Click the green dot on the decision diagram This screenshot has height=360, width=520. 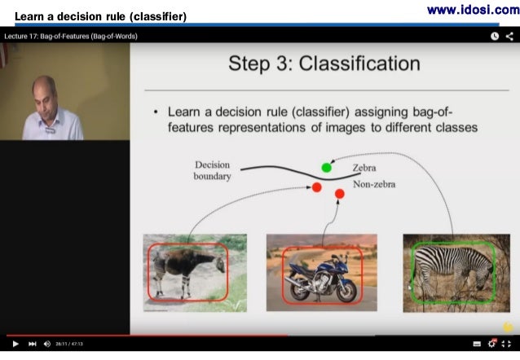click(327, 168)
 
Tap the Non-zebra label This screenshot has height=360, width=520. click(374, 185)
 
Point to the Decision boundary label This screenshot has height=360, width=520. click(212, 170)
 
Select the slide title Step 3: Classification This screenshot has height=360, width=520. click(324, 64)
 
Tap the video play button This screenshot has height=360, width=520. click(15, 344)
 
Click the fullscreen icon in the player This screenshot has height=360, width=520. click(507, 344)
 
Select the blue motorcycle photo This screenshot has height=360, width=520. click(321, 273)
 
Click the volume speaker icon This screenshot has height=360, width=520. click(47, 344)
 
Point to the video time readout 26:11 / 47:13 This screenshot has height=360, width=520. click(68, 344)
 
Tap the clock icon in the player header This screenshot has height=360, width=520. click(494, 36)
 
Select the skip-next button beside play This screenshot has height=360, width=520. click(32, 344)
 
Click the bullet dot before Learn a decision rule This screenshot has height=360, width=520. click(155, 111)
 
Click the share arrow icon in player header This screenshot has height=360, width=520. click(509, 36)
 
